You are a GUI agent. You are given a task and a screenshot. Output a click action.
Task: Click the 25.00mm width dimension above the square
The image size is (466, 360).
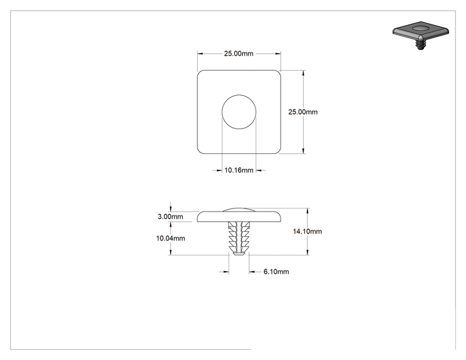point(239,53)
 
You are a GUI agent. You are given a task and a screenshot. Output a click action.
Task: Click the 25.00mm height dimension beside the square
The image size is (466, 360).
point(303,112)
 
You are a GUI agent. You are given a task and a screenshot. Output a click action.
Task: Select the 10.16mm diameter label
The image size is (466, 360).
point(239,170)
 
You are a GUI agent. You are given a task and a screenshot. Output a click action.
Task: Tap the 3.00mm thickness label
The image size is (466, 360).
point(170,217)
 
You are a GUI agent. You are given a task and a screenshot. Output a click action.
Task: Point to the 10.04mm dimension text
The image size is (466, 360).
point(170,238)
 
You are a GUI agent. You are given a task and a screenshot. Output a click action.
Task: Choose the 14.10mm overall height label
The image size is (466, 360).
point(308,232)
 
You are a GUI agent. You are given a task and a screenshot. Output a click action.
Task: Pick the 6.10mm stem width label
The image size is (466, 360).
point(276,272)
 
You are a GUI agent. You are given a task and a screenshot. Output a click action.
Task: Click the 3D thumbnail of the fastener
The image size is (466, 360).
point(420,35)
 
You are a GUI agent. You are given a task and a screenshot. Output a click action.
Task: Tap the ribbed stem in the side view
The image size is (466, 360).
point(239,236)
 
